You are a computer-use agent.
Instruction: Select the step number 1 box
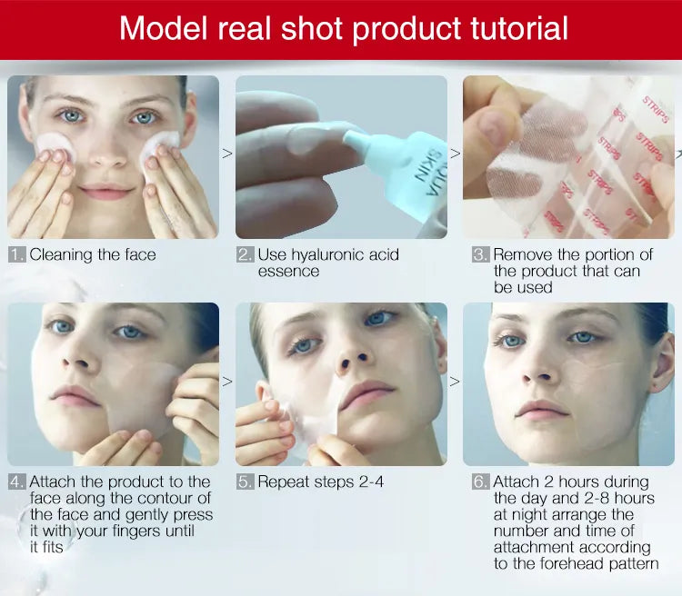[16, 254]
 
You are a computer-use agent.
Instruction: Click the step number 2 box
[245, 254]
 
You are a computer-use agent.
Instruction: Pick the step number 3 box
[480, 254]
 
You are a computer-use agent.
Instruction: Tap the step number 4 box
[16, 482]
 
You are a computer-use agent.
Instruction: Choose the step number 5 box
[245, 482]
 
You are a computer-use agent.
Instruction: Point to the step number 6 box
[480, 482]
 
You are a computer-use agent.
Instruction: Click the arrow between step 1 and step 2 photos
[227, 154]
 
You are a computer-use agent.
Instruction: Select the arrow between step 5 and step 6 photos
[455, 381]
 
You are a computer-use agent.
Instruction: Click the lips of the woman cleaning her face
[107, 193]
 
